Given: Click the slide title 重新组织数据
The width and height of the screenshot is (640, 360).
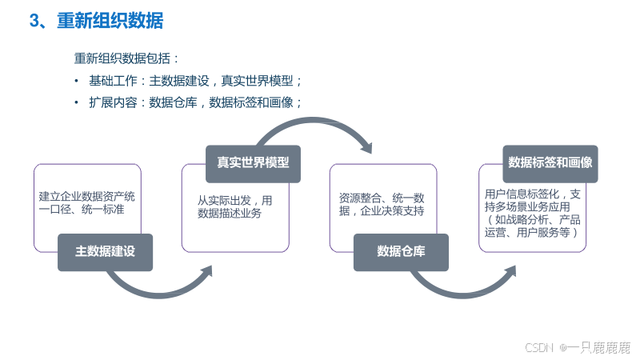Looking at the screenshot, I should [110, 22].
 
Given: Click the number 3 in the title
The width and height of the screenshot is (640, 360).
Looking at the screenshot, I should [34, 22].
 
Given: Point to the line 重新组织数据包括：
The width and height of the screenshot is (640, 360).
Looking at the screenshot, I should [126, 59].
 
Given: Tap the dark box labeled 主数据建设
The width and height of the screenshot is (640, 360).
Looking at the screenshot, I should [105, 251].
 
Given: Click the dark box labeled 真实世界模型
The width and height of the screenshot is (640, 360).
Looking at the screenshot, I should [253, 162].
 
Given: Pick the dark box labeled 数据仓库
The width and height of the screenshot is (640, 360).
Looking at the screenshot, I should [401, 251].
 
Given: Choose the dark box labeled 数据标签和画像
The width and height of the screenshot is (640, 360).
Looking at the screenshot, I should [550, 162].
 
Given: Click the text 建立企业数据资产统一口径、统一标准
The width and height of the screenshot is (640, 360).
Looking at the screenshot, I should [86, 202].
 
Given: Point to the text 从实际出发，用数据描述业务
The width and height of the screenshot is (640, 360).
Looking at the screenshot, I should [234, 206].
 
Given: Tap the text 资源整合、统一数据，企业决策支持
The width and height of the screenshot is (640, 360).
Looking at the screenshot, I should [382, 204].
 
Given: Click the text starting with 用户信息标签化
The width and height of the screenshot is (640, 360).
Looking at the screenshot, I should [533, 213].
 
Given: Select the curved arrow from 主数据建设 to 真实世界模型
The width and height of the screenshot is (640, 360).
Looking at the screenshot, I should [160, 286].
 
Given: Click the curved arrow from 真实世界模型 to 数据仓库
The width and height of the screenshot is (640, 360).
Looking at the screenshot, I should [320, 128].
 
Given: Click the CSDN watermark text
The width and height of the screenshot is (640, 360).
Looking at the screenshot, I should [539, 347].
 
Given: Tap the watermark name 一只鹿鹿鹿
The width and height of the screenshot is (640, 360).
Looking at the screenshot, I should [598, 347].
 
